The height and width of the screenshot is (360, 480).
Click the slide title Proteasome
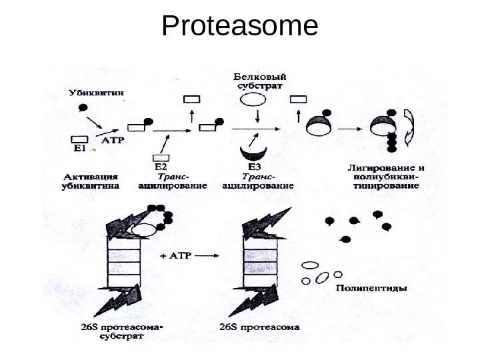[240, 27]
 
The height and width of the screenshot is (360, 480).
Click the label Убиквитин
[94, 93]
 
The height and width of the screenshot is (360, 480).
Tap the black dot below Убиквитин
[83, 107]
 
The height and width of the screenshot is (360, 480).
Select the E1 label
[79, 149]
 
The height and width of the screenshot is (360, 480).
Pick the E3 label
[256, 166]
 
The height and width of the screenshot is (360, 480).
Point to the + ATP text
[176, 256]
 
